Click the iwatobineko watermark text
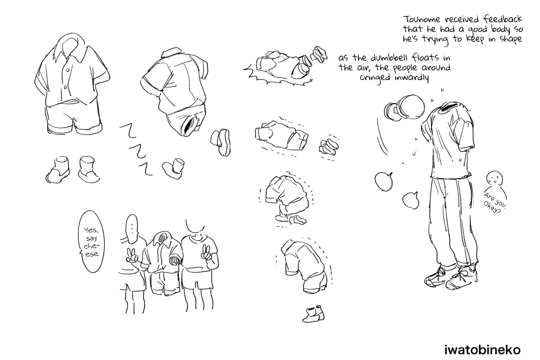(x=482, y=350)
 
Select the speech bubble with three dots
(x=132, y=228)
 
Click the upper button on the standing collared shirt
(x=68, y=70)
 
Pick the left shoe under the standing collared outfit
(x=57, y=170)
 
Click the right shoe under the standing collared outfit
(x=89, y=169)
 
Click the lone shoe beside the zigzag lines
(x=174, y=168)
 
